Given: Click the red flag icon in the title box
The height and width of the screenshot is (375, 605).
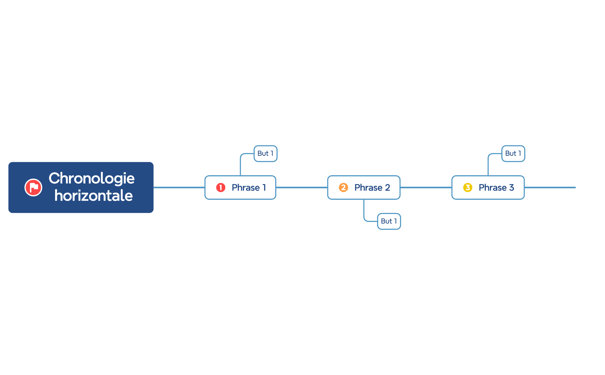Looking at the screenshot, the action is (33, 187).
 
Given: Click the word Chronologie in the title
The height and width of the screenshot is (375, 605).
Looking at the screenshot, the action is (92, 179).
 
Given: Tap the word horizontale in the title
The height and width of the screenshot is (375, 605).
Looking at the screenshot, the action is (93, 196).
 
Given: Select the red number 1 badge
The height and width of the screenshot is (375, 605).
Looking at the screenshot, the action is (221, 187).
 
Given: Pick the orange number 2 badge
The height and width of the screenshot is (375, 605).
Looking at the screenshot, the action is (343, 187).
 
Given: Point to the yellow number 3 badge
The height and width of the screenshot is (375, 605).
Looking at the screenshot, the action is (468, 187).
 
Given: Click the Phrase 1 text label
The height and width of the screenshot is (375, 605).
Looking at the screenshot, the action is (249, 187).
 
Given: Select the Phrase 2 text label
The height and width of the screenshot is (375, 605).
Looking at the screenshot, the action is (372, 187).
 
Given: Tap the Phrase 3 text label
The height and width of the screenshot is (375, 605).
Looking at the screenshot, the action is (496, 187).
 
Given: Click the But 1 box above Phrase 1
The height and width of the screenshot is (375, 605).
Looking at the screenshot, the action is (266, 153).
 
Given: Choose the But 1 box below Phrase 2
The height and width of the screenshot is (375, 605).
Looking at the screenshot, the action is (389, 221).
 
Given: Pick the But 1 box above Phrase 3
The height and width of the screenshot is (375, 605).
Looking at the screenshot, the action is (513, 153).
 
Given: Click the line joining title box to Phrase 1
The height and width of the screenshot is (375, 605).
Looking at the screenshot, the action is (179, 187).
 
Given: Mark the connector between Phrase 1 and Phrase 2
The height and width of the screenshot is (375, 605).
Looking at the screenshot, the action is (302, 187).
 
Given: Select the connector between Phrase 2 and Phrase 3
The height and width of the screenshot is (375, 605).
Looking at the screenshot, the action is (426, 187).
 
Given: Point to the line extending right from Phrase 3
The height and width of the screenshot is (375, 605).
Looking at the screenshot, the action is (550, 187).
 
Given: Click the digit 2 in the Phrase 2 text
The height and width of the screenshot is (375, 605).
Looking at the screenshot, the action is (388, 187).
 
